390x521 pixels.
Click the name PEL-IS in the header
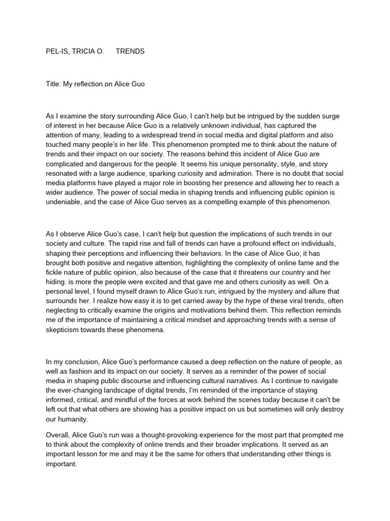(56, 51)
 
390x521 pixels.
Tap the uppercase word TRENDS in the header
(130, 51)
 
